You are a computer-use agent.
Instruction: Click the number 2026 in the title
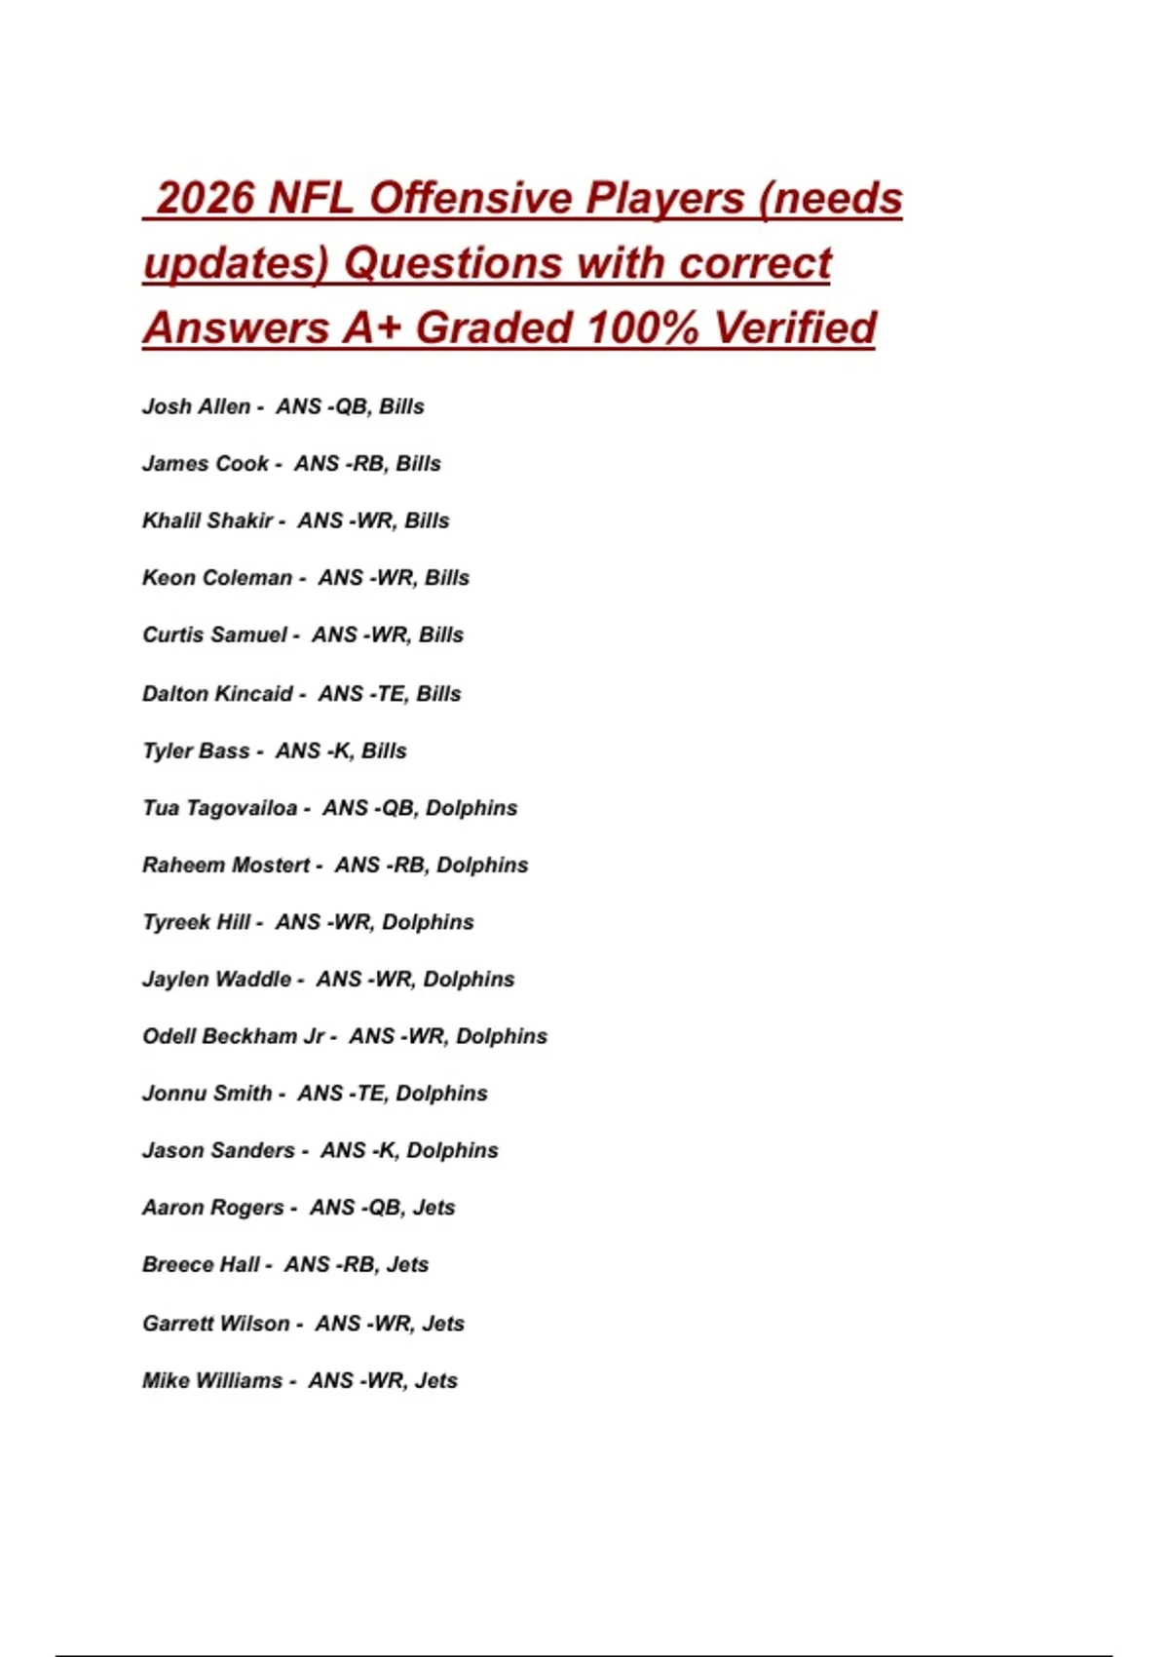pyautogui.click(x=206, y=198)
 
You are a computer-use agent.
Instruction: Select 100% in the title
pyautogui.click(x=642, y=328)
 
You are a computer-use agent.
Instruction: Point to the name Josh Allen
pyautogui.click(x=196, y=406)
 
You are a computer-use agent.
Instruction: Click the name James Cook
pyautogui.click(x=205, y=464)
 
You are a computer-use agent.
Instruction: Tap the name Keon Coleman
pyautogui.click(x=216, y=578)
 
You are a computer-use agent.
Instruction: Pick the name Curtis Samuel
pyautogui.click(x=214, y=636)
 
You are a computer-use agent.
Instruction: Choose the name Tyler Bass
pyautogui.click(x=196, y=751)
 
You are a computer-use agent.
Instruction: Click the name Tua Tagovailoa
pyautogui.click(x=219, y=808)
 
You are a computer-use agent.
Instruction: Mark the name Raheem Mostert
pyautogui.click(x=226, y=866)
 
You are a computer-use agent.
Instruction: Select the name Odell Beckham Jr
pyautogui.click(x=234, y=1036)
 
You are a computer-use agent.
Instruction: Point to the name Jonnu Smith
pyautogui.click(x=207, y=1094)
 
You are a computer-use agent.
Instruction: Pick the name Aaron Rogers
pyautogui.click(x=213, y=1208)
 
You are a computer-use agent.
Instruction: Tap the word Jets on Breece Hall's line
pyautogui.click(x=407, y=1265)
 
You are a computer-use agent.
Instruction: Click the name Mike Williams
pyautogui.click(x=212, y=1381)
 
